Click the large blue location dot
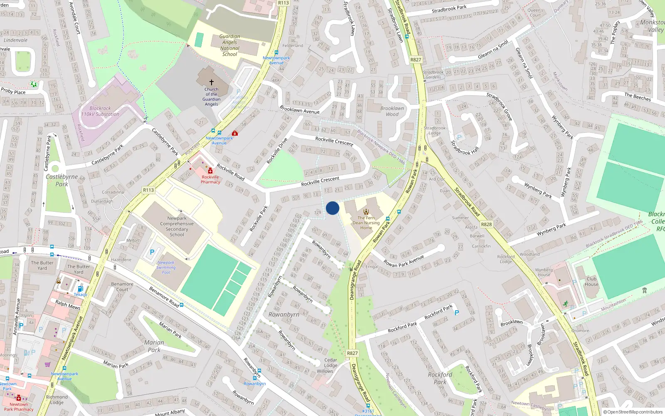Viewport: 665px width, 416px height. coord(332,208)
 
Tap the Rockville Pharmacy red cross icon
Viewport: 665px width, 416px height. coord(210,171)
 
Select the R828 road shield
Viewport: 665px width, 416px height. coord(486,224)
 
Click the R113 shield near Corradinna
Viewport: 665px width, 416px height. coord(148,190)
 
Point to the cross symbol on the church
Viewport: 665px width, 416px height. coord(211,82)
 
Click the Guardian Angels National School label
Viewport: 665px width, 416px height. coord(229,45)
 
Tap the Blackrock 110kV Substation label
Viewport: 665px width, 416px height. coord(100,111)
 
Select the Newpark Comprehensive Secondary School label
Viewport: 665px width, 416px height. coord(177,226)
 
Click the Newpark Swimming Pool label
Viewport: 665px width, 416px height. coord(166,267)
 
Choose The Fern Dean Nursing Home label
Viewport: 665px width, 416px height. coord(366,223)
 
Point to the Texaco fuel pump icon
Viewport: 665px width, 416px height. coord(80,289)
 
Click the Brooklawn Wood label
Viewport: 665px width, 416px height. coord(392,111)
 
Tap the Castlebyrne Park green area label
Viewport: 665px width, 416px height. coord(62,181)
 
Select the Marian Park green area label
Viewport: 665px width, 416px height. coord(154,346)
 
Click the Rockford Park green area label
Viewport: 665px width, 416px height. coord(440,378)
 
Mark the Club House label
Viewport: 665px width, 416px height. coord(591,282)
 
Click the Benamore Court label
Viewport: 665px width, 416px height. coord(122,287)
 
